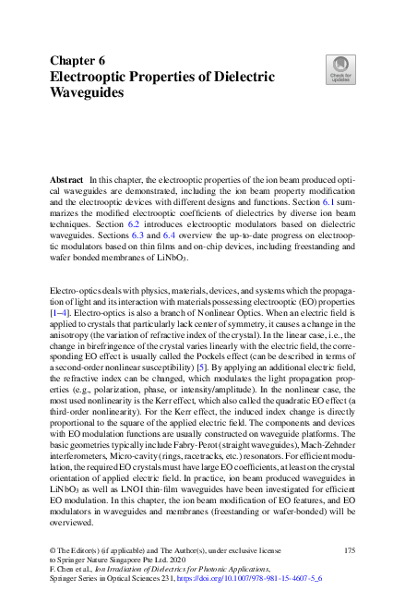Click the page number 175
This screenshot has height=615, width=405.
click(350, 550)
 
